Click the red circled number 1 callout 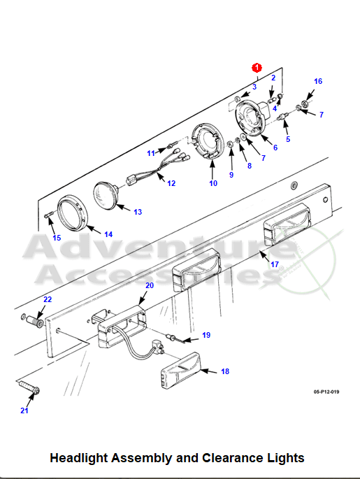point(257,68)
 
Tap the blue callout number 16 point(318,81)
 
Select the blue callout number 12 point(171,183)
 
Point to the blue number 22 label point(48,299)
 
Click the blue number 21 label point(24,410)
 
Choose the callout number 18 point(225,371)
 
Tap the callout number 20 point(150,285)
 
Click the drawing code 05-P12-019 point(326,392)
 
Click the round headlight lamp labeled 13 point(106,196)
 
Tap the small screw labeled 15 point(49,215)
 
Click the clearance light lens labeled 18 point(181,371)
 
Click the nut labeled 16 point(304,103)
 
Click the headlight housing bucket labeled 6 point(252,117)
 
